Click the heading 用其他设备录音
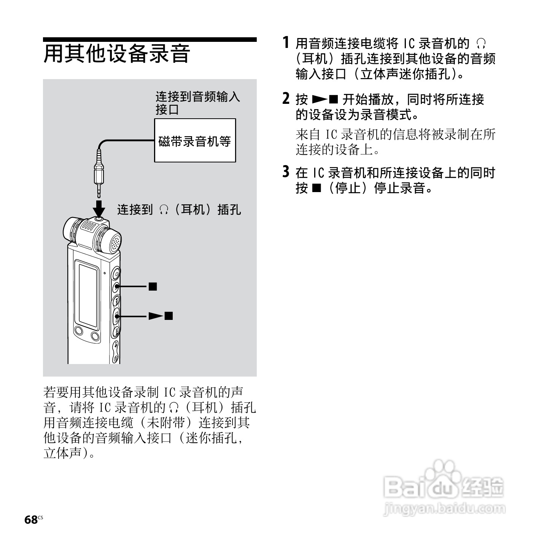117,54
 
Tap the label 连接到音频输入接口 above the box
197,103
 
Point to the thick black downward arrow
99,207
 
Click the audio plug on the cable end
99,173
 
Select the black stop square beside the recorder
153,286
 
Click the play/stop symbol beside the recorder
161,316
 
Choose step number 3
286,172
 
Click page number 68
31,520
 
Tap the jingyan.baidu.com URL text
444,509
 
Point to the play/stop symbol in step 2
324,100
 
